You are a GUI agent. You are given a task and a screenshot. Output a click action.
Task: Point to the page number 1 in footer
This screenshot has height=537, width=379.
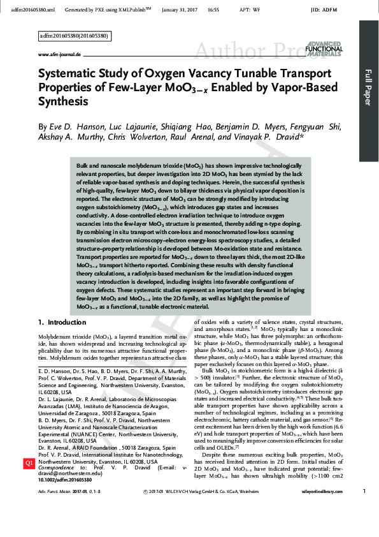click(363, 508)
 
